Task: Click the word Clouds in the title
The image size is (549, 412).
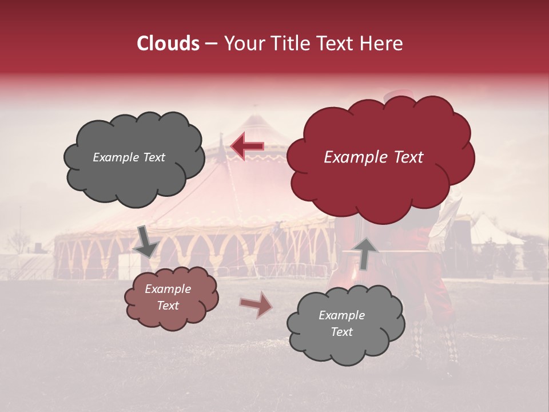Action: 168,43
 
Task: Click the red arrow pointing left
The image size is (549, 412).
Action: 247,146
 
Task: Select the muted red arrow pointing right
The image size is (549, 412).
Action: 256,304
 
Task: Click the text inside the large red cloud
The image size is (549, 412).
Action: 373,157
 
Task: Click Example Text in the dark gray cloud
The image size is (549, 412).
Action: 129,157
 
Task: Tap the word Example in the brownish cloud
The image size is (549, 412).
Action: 168,289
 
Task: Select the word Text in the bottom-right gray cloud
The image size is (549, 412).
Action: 341,332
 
